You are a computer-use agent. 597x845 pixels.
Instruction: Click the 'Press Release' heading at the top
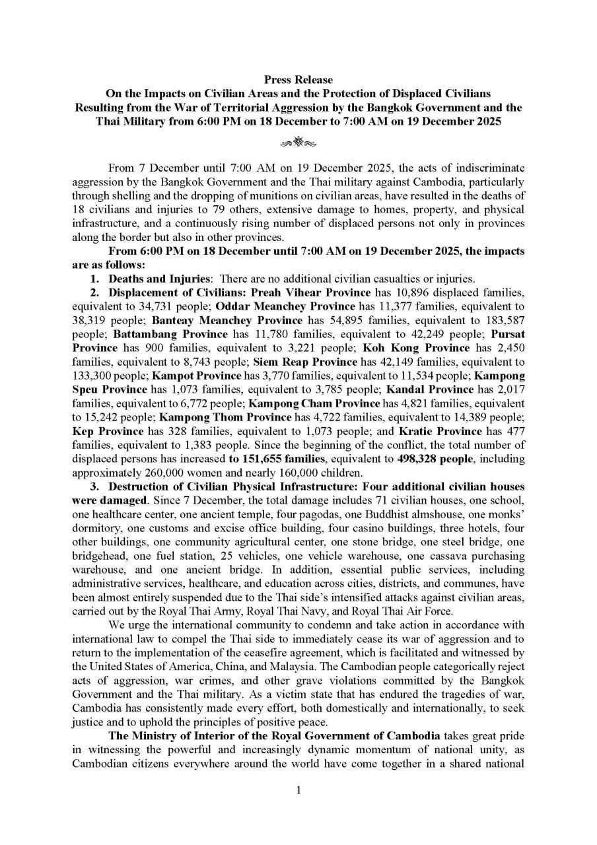[x=298, y=80]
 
